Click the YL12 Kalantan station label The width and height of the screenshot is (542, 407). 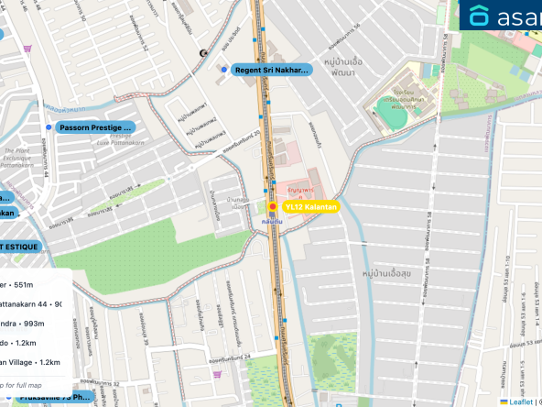pyautogui.click(x=311, y=207)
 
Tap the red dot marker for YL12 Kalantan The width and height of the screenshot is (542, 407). pyautogui.click(x=272, y=207)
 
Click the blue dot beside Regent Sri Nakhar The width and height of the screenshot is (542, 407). pyautogui.click(x=222, y=69)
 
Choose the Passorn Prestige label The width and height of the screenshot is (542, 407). pyautogui.click(x=95, y=127)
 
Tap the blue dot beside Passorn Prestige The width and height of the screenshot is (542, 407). pyautogui.click(x=49, y=127)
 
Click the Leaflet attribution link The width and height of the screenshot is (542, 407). pyautogui.click(x=521, y=401)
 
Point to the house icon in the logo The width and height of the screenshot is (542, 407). pyautogui.click(x=480, y=16)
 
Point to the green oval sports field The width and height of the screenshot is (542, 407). pyautogui.click(x=394, y=116)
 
